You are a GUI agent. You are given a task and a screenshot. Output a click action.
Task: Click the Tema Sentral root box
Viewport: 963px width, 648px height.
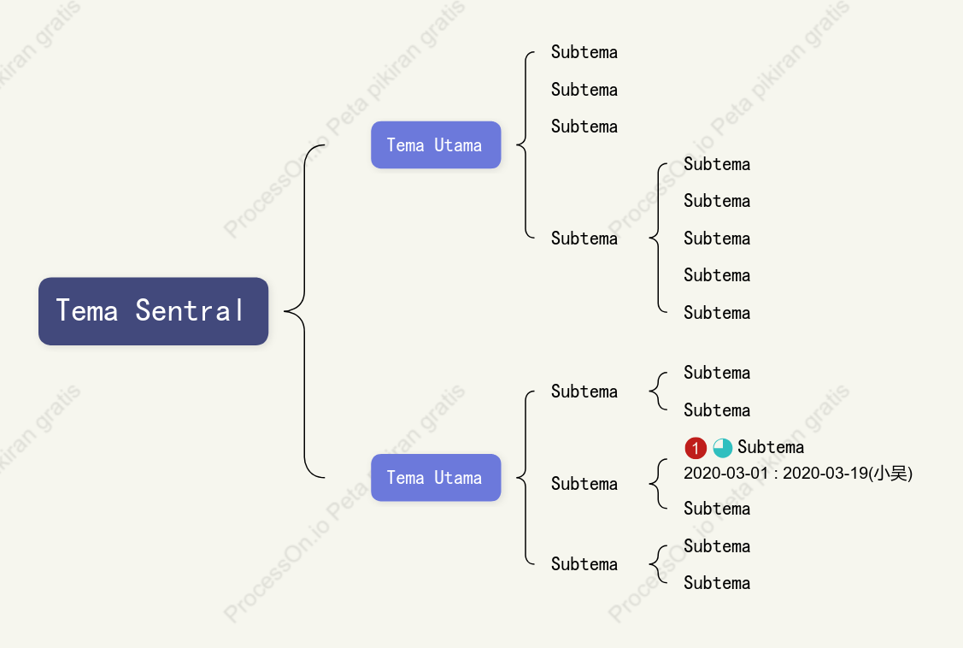tap(154, 311)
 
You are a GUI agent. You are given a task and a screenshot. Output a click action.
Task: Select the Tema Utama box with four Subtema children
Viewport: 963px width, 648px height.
tap(436, 145)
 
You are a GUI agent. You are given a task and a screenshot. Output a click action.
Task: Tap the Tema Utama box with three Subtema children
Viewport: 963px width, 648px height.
tap(436, 477)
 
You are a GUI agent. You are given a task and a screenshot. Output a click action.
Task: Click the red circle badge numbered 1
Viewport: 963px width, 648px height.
tap(696, 448)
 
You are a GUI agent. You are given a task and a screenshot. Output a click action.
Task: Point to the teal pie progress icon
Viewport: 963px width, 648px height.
tap(722, 448)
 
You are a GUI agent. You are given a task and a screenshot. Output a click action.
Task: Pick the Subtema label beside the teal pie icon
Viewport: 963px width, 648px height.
tap(771, 447)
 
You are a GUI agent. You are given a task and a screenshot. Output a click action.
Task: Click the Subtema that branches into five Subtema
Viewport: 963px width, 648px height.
tap(584, 239)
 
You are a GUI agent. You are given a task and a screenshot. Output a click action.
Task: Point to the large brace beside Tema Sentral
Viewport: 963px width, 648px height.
tap(304, 311)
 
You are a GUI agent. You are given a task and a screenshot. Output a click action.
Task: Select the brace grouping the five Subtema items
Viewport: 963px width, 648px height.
tap(658, 238)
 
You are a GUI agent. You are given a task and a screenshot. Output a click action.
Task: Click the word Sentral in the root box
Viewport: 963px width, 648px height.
tap(190, 311)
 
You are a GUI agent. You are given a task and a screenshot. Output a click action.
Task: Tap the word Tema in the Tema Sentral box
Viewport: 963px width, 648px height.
tap(86, 311)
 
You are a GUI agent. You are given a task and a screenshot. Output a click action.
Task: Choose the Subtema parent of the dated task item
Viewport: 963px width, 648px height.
tap(584, 484)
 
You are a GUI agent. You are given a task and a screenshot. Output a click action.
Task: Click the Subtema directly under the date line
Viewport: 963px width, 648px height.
tap(717, 509)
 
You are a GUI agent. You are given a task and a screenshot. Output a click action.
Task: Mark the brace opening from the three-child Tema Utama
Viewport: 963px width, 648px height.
tap(526, 477)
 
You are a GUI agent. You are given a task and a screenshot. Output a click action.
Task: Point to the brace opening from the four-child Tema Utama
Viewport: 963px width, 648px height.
tap(526, 145)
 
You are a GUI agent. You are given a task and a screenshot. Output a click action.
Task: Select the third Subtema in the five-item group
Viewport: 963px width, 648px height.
tap(717, 239)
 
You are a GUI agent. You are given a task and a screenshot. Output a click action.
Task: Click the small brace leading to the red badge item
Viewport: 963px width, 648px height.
tap(658, 484)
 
